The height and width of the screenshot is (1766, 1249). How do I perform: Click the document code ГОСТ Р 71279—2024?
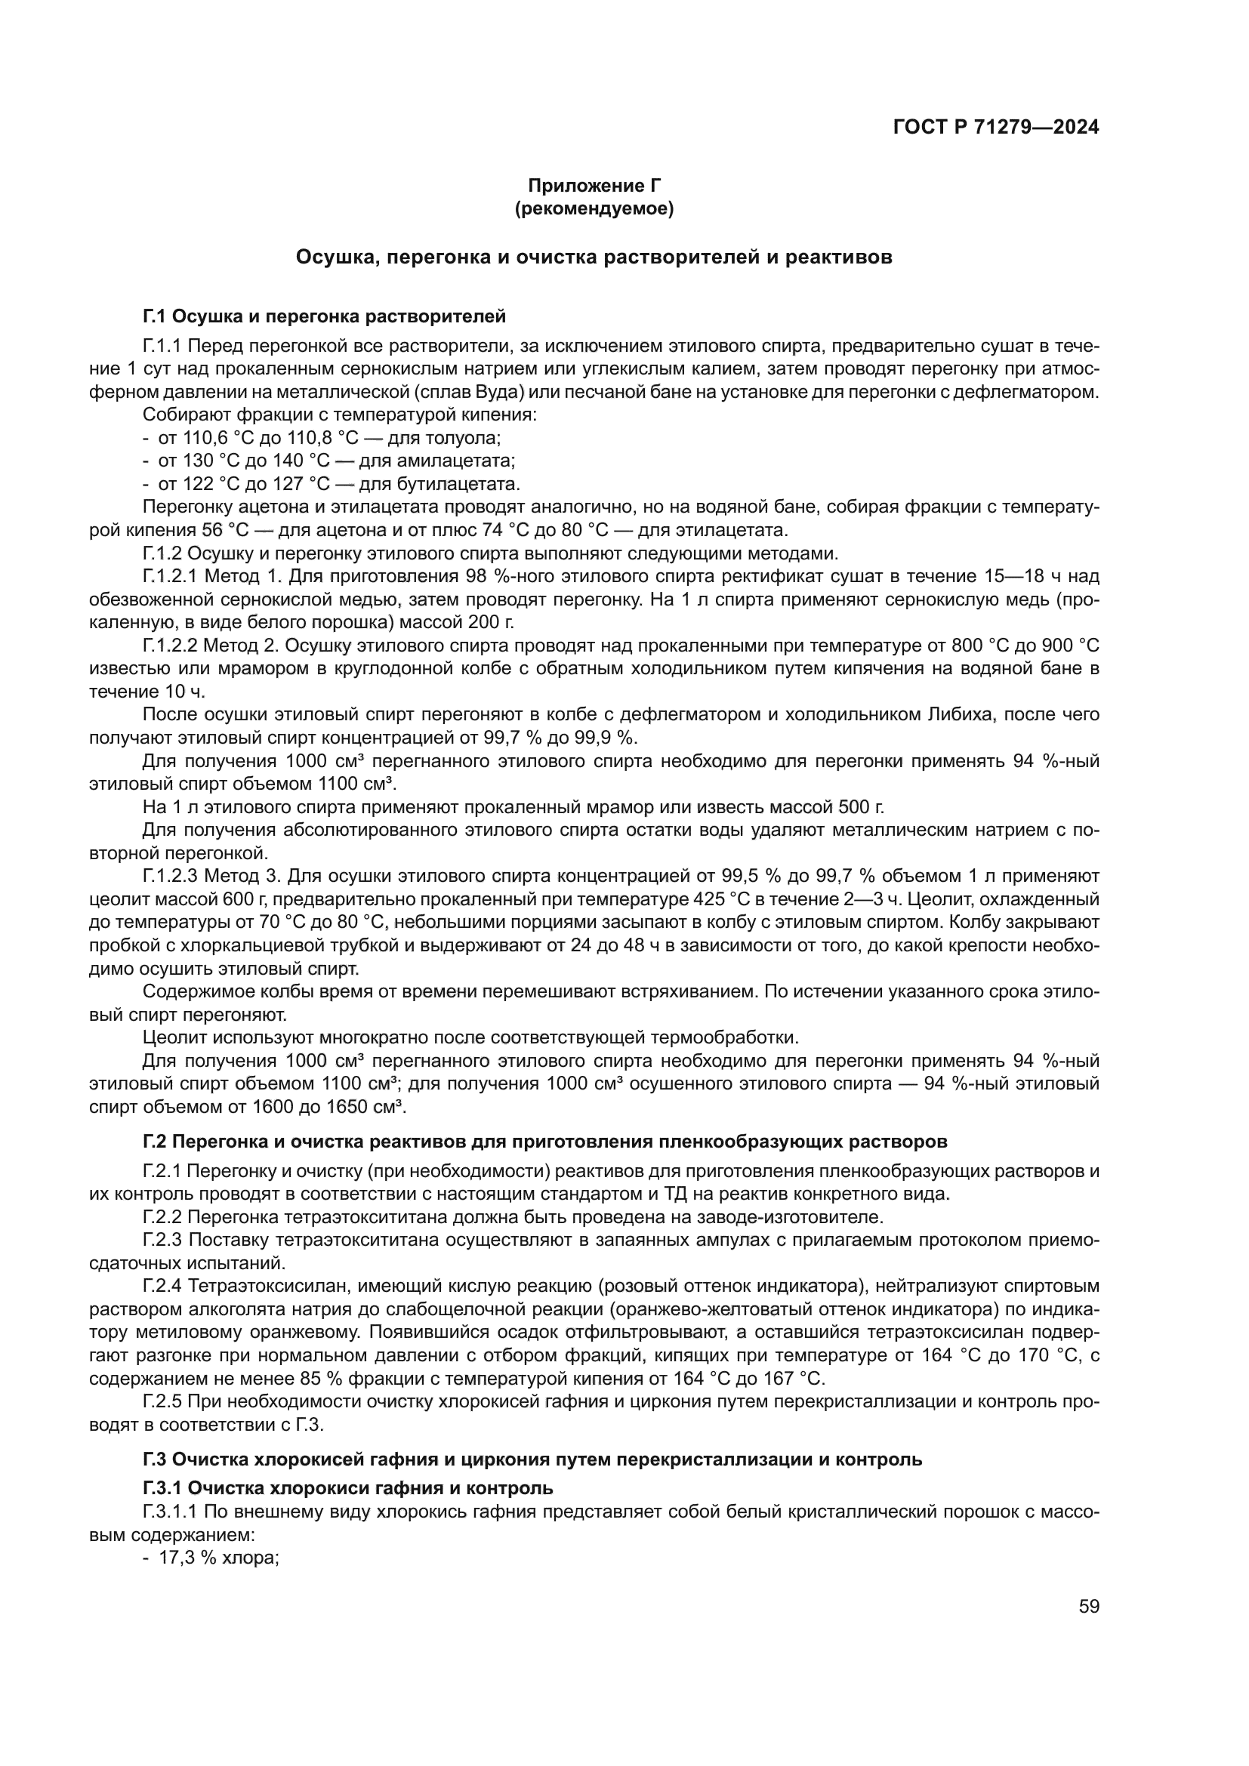coord(996,128)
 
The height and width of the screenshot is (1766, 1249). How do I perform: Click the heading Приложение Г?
coord(594,186)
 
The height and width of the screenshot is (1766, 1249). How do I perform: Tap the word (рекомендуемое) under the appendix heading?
coord(594,208)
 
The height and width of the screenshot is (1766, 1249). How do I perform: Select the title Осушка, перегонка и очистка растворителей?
coord(594,257)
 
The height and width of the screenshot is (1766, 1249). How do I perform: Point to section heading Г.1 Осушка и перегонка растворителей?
coord(324,316)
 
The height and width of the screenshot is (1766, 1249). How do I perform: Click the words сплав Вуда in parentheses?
coord(468,393)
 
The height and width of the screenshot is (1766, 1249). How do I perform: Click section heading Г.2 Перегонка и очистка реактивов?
coord(544,1142)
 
